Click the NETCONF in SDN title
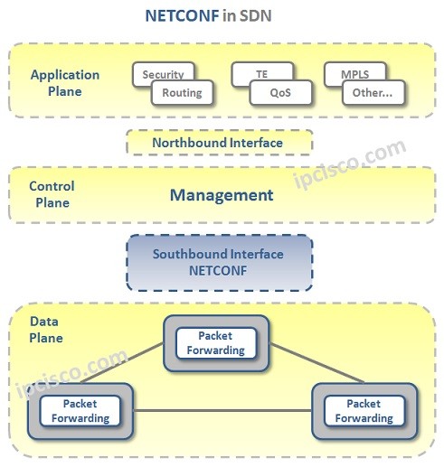(222, 16)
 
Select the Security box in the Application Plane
(163, 74)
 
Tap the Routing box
(183, 92)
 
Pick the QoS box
(280, 92)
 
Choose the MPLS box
(354, 74)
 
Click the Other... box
(373, 92)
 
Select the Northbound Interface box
(218, 143)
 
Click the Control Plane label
(52, 194)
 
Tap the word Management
(222, 195)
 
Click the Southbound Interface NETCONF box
(218, 263)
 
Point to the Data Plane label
(46, 330)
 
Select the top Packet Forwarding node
(215, 342)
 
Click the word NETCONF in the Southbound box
(218, 270)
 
